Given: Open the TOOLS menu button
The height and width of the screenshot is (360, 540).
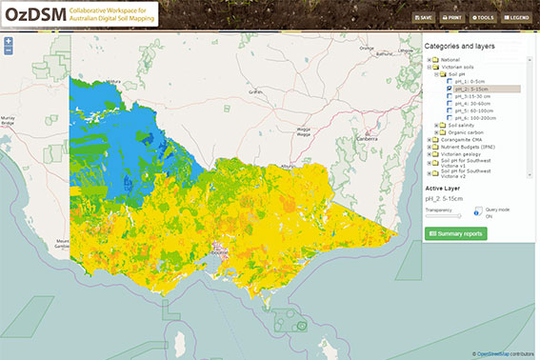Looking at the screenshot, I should (x=484, y=17).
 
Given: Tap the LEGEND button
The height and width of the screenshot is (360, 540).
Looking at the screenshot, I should (x=517, y=17).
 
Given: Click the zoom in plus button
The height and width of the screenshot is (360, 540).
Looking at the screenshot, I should (x=9, y=42).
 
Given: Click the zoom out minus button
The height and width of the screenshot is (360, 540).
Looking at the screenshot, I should (x=9, y=50).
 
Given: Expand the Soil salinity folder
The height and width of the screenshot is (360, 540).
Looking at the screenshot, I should (x=436, y=125).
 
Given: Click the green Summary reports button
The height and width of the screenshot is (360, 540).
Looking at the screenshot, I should (x=456, y=233).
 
